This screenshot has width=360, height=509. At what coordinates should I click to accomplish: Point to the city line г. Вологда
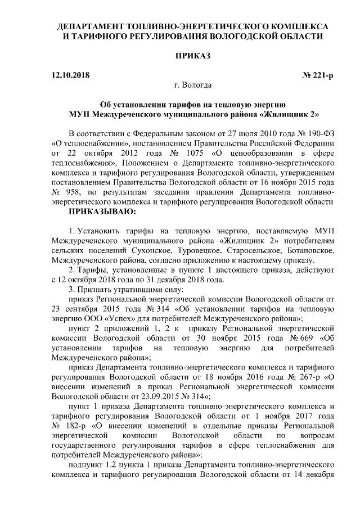193,85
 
